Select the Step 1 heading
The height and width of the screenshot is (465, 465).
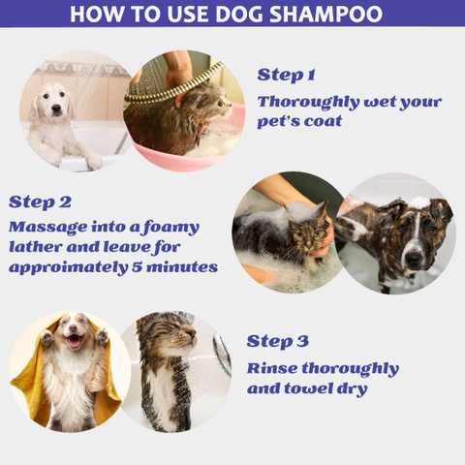287,75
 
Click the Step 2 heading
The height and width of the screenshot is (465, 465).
40,201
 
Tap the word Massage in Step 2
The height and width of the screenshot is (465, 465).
47,228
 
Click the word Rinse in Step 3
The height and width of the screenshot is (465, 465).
270,368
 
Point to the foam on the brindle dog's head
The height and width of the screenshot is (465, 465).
418,202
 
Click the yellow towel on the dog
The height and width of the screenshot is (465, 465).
29,383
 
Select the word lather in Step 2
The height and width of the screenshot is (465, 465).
38,247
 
